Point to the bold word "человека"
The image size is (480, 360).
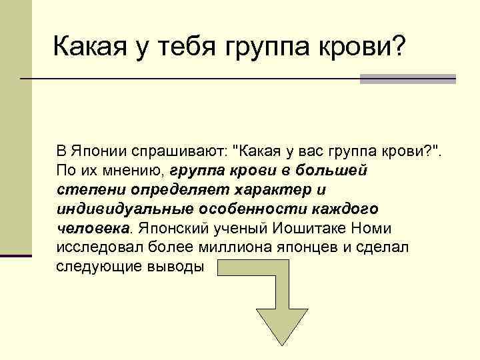click(x=93, y=228)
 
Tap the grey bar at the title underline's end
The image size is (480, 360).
click(x=407, y=79)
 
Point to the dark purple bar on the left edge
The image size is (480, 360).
click(x=15, y=255)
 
